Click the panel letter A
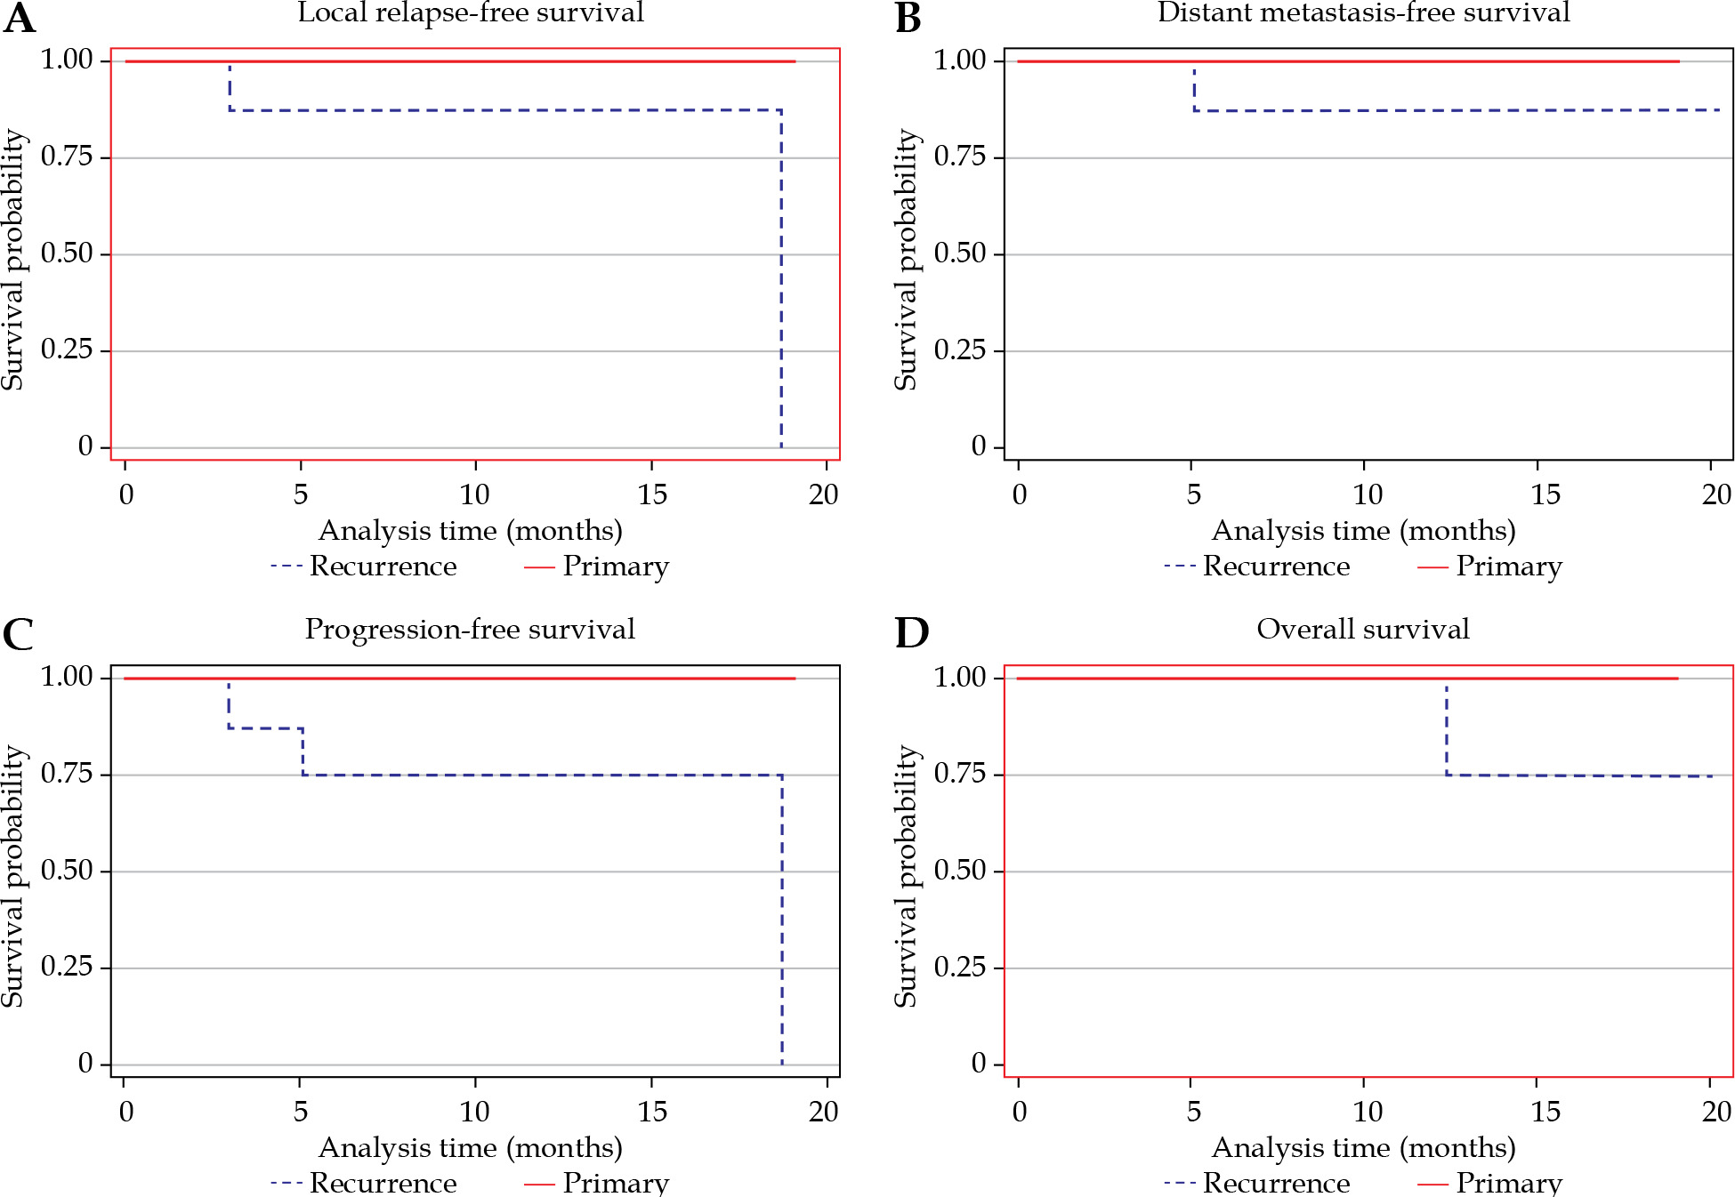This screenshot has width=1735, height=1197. tap(20, 18)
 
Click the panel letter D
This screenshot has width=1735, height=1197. tap(911, 633)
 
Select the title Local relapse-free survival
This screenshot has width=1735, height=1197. tap(471, 12)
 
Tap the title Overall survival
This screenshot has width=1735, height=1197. tap(1362, 629)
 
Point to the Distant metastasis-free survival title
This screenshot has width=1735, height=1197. tap(1363, 12)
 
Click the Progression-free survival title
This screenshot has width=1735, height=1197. tap(470, 629)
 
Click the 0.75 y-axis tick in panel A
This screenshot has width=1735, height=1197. tap(67, 157)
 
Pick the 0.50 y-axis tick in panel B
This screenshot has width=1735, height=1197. tap(960, 253)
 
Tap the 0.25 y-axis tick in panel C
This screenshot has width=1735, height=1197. tap(67, 967)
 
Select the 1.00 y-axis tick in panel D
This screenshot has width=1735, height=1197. tap(960, 678)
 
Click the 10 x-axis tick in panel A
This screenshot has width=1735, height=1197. tap(475, 494)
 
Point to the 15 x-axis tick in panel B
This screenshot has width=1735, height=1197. tap(1545, 494)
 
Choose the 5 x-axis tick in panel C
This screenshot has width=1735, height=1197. tap(301, 1112)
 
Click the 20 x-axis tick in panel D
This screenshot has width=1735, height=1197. tap(1716, 1112)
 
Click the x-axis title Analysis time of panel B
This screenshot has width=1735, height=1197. tap(1363, 531)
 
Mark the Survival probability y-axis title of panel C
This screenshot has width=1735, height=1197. tap(12, 876)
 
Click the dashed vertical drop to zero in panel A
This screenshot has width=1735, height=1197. tap(781, 285)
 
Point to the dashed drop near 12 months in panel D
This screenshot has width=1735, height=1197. tap(1447, 729)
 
